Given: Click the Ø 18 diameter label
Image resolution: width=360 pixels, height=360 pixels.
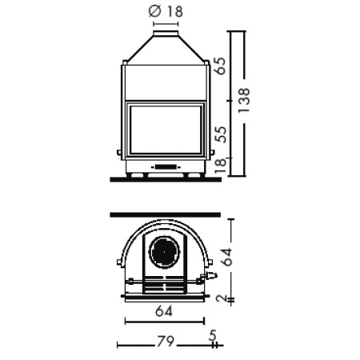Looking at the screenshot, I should click(x=166, y=11).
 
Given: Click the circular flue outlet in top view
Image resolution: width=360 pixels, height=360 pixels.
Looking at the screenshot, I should click(x=166, y=251).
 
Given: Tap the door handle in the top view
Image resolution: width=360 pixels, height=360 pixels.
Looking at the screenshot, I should click(x=210, y=276).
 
